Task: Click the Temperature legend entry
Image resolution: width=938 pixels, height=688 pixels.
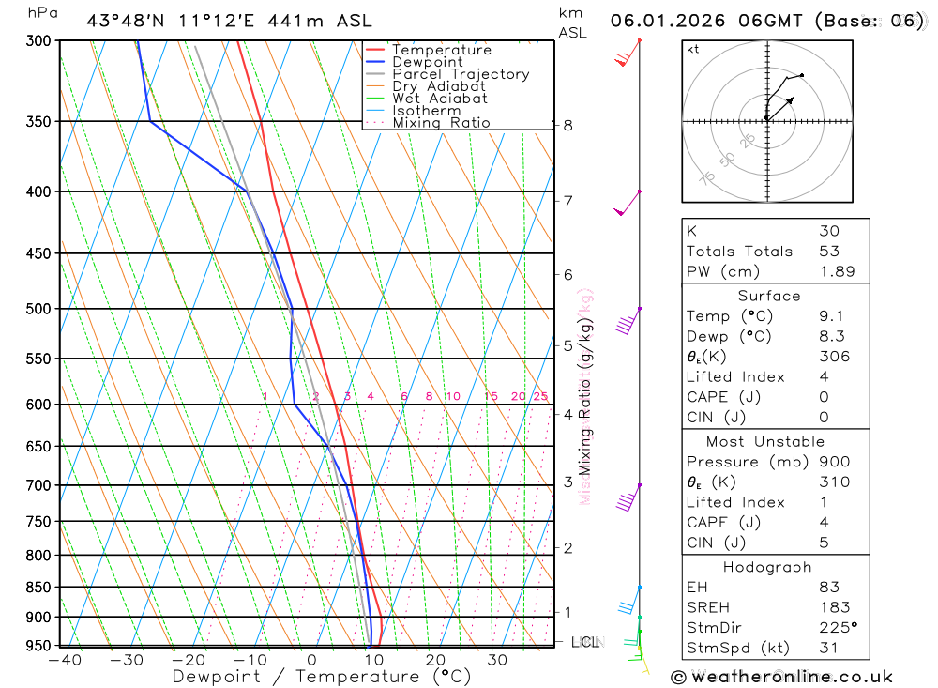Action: point(441,50)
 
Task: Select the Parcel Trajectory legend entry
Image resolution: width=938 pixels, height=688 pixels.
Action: point(461,74)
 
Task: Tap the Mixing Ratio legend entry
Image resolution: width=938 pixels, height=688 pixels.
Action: point(441,123)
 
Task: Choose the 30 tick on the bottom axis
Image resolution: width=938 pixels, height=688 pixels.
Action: point(497,660)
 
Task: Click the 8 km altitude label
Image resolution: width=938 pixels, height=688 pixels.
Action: point(568,125)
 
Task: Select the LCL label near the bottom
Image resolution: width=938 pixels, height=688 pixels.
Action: point(585,642)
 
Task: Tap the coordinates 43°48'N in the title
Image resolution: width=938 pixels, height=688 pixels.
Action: point(130,21)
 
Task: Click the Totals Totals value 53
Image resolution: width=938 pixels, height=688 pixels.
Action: point(828,252)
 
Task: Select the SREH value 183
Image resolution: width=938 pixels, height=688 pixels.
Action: point(832,607)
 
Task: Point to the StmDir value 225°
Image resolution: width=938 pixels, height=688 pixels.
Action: point(837,628)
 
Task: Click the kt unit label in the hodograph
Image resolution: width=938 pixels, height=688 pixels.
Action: point(692,49)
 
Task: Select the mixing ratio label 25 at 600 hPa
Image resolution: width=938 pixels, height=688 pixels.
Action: point(540,396)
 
